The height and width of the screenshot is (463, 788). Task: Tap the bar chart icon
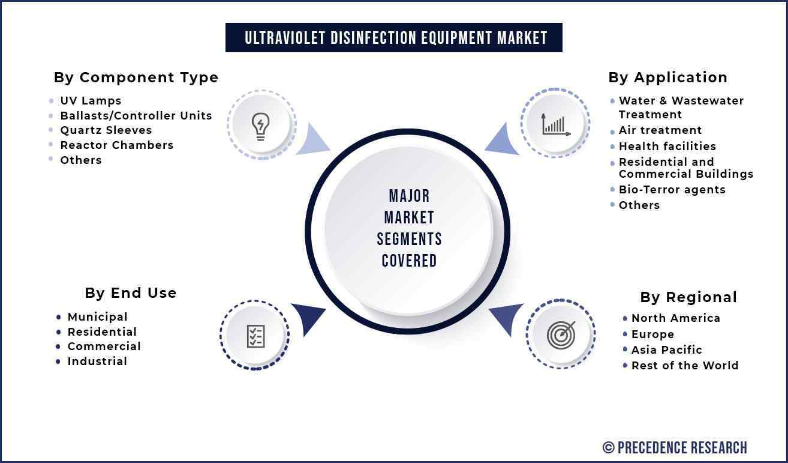[556, 125]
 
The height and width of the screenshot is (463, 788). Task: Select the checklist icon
[255, 336]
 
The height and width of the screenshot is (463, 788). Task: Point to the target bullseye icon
[561, 334]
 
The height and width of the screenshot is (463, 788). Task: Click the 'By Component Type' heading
[136, 77]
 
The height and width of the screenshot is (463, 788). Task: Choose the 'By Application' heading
[667, 77]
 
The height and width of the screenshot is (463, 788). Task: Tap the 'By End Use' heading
[131, 293]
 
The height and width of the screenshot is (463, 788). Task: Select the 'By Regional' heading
[688, 297]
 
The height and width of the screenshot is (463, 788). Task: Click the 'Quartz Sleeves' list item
[106, 130]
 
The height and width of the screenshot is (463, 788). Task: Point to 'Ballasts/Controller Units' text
[136, 115]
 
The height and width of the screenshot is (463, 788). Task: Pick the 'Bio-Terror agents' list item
[672, 190]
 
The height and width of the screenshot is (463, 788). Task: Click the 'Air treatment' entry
[660, 130]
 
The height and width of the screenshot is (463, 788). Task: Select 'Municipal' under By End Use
[97, 317]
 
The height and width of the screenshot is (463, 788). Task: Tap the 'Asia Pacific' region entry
[667, 350]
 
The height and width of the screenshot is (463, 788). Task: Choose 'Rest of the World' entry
[685, 365]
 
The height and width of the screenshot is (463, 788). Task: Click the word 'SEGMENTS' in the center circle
[409, 239]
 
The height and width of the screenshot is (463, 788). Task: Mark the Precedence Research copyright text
[675, 448]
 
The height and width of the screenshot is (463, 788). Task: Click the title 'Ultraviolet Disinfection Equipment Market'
[396, 38]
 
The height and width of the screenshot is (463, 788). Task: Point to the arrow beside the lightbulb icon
[311, 141]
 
